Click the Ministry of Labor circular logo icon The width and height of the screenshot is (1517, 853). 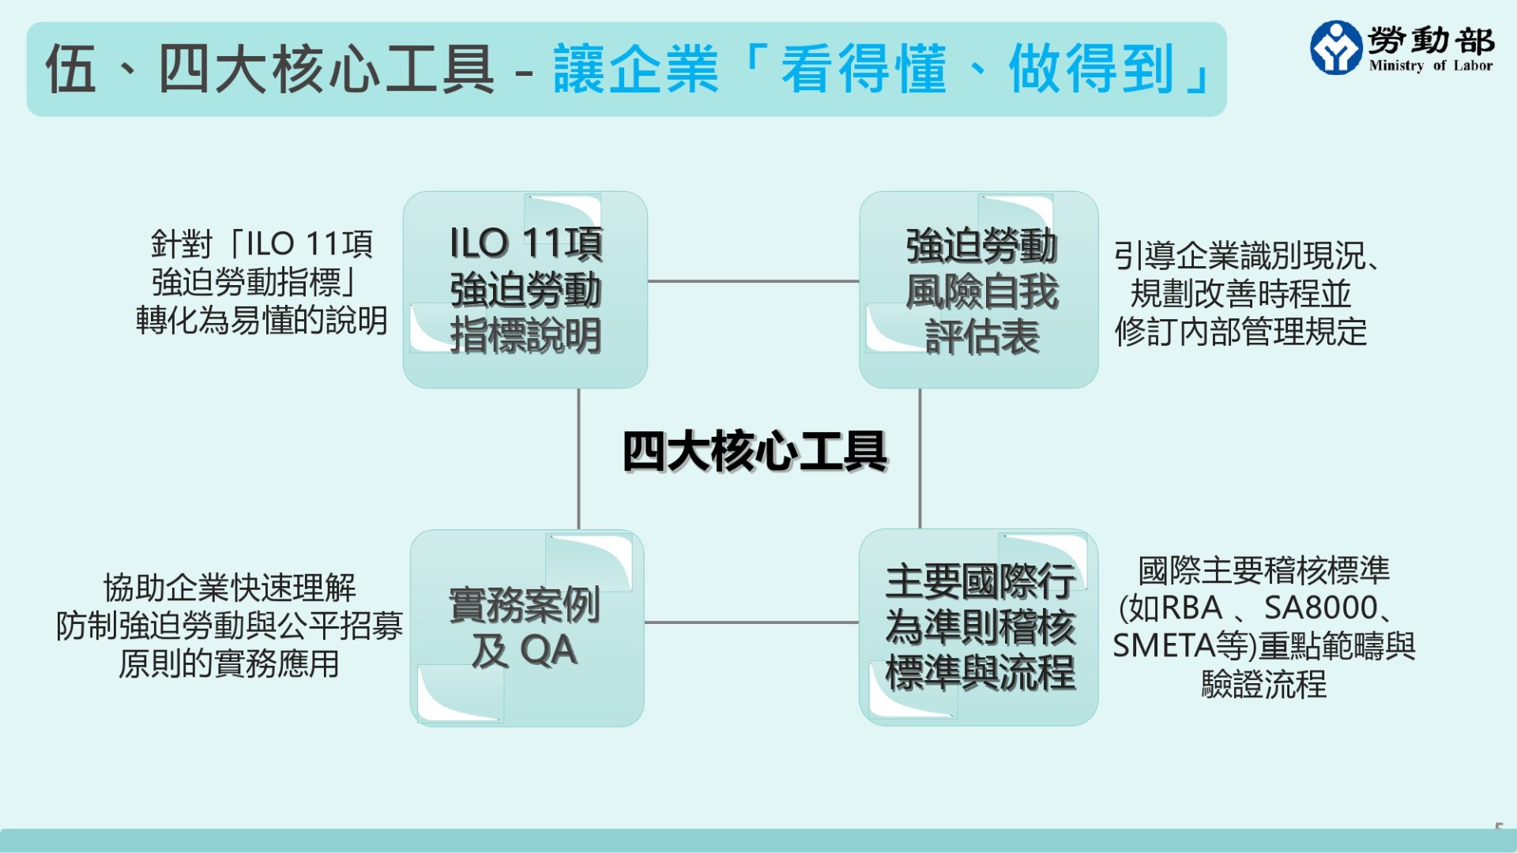click(x=1335, y=47)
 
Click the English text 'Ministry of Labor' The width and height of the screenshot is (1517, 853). click(x=1431, y=66)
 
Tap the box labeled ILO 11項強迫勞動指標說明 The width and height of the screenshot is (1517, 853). click(x=525, y=289)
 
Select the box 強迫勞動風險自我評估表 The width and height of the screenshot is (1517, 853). click(x=979, y=289)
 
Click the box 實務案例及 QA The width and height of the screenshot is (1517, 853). click(x=526, y=628)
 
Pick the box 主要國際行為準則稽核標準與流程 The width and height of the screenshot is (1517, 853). click(x=979, y=628)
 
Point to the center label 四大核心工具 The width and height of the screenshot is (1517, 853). click(x=755, y=452)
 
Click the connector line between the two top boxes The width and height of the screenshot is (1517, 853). click(x=753, y=280)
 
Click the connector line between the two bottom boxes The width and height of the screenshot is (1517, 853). click(x=751, y=622)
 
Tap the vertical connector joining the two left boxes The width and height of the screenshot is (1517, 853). click(x=578, y=458)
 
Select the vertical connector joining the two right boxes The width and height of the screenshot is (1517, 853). click(x=920, y=458)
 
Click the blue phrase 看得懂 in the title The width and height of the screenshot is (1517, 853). click(x=864, y=70)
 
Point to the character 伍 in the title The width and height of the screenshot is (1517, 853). click(x=71, y=70)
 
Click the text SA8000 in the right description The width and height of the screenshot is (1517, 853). click(x=1321, y=608)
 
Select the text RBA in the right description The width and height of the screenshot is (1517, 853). click(x=1191, y=608)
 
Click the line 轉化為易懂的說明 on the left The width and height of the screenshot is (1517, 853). click(x=262, y=321)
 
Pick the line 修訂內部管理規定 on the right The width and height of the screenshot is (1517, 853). click(x=1240, y=332)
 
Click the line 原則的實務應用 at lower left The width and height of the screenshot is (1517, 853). click(x=229, y=663)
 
